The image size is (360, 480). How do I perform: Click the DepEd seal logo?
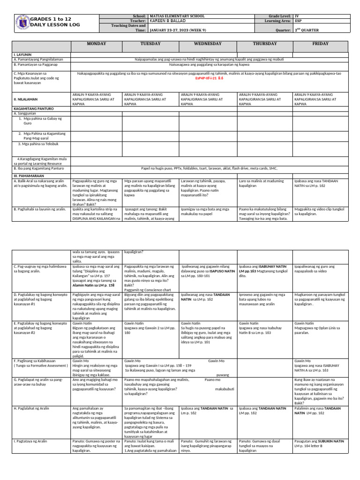click(x=22, y=22)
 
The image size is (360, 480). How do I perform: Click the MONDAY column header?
click(x=96, y=44)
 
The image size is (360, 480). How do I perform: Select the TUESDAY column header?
click(x=150, y=44)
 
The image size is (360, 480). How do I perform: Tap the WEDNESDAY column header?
click(x=207, y=44)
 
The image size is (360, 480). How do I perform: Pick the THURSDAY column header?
click(x=264, y=44)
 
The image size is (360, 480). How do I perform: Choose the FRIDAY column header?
click(x=320, y=44)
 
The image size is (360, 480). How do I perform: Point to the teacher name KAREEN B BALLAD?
click(x=166, y=21)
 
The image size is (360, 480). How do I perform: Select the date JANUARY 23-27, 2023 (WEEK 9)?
click(x=176, y=30)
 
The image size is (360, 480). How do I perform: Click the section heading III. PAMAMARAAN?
click(x=30, y=174)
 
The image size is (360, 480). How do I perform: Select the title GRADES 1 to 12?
click(x=51, y=18)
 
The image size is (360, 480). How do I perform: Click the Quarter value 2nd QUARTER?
click(x=307, y=30)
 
